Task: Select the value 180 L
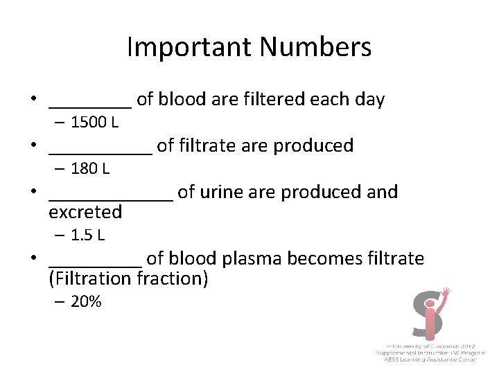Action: pyautogui.click(x=91, y=168)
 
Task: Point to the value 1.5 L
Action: pyautogui.click(x=88, y=235)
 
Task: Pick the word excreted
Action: pyautogui.click(x=85, y=211)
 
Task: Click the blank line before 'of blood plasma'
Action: pyautogui.click(x=96, y=265)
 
